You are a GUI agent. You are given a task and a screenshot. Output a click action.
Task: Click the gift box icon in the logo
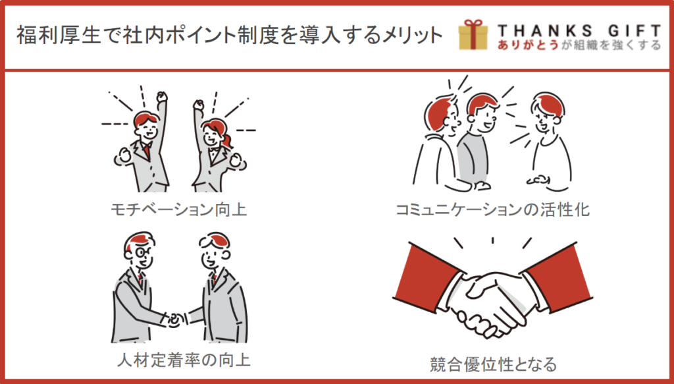click(x=473, y=35)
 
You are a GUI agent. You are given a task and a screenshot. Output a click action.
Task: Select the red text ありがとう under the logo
click(x=528, y=45)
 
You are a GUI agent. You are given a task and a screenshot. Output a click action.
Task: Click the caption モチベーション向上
click(x=179, y=209)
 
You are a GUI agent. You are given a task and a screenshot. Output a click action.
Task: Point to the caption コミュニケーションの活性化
click(x=492, y=209)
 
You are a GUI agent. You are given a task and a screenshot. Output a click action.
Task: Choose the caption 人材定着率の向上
click(x=184, y=360)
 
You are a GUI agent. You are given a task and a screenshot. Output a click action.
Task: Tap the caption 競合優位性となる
click(x=493, y=364)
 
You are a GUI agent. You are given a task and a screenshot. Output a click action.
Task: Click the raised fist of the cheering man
click(x=162, y=97)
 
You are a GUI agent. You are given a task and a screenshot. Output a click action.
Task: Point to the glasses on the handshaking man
click(x=142, y=252)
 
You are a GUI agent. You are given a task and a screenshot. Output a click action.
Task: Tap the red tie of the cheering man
click(x=147, y=150)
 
